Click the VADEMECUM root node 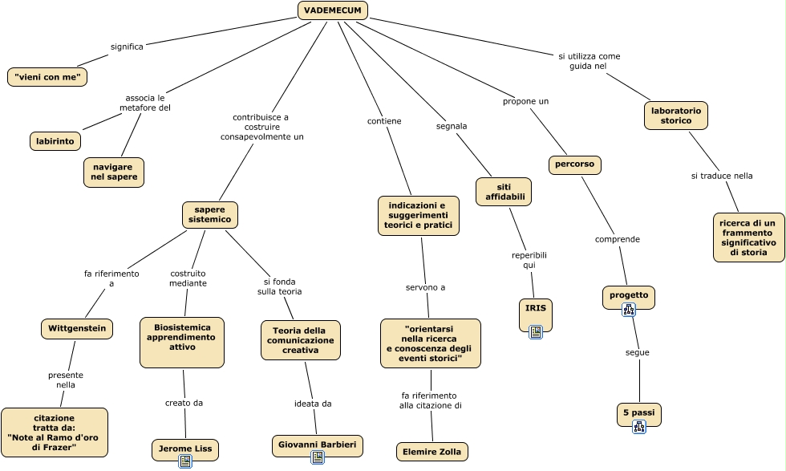coord(333,10)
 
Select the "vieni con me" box coord(47,77)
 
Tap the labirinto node coord(55,141)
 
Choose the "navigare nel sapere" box coord(114,172)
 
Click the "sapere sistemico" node coord(210,214)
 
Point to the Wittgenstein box coord(77,328)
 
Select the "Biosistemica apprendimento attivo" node coord(182,337)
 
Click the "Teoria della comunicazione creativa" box coord(301,340)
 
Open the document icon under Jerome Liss coord(185,461)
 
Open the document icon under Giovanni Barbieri coord(318,457)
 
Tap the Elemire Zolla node coord(432,452)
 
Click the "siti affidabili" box coord(504,191)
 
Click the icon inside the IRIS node coord(536,331)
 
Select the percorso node coord(575,164)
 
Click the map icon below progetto coord(629,310)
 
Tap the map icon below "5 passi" coord(639,427)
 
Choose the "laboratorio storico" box coord(676,116)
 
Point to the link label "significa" coord(127,47)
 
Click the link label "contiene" coord(384,121)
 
